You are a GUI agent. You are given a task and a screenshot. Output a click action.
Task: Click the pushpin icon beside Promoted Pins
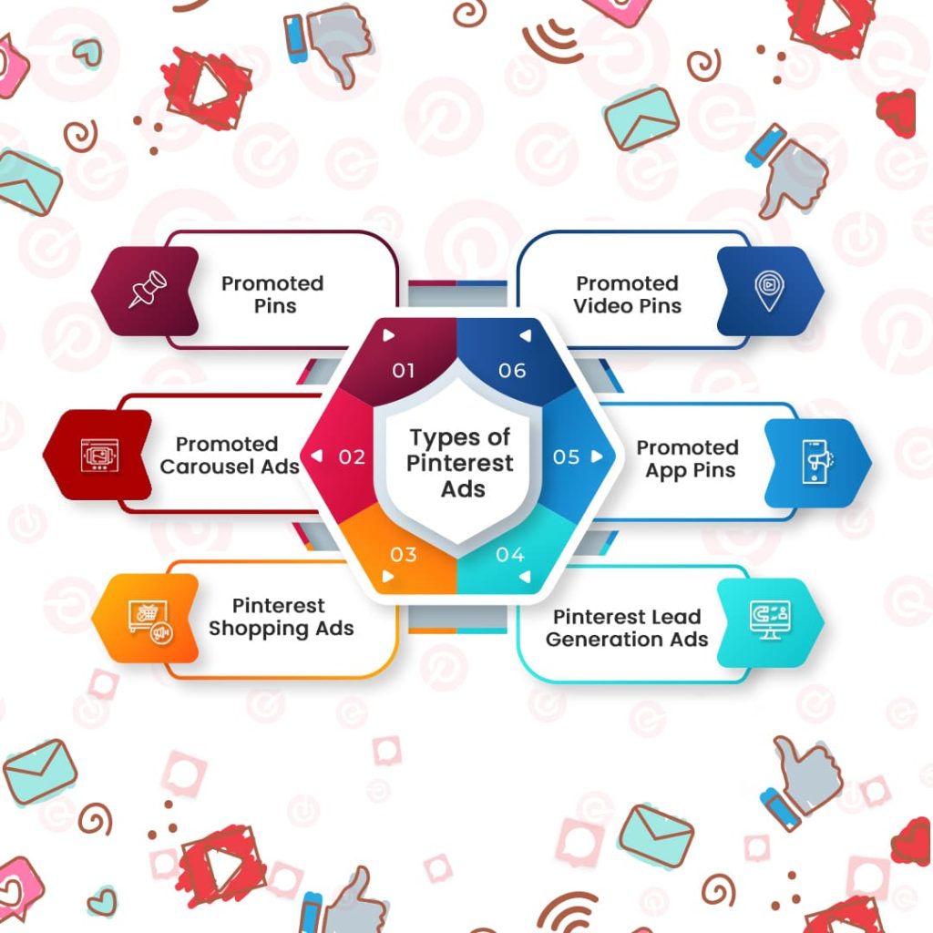click(x=148, y=289)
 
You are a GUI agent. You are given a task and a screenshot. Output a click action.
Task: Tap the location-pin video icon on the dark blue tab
click(x=769, y=291)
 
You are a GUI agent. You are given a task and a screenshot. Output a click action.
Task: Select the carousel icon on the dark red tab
click(x=99, y=456)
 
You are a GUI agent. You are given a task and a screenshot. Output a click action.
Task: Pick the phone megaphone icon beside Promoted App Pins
click(x=817, y=462)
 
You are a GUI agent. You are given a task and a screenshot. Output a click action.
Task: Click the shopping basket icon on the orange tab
click(x=150, y=622)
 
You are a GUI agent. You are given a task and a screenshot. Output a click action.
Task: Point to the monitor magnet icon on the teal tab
click(x=770, y=620)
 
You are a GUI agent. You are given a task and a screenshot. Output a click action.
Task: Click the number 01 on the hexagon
click(x=403, y=371)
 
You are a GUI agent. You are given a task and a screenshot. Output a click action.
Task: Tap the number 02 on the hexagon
click(x=352, y=457)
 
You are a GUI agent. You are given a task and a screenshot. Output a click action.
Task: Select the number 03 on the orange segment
click(x=403, y=555)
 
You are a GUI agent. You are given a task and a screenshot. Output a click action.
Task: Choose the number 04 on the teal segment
click(x=510, y=555)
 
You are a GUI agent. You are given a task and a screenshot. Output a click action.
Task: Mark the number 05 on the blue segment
click(x=566, y=457)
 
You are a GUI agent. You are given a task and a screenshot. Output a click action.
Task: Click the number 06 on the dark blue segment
click(x=512, y=371)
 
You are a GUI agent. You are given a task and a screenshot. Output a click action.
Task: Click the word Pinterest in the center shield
click(x=459, y=463)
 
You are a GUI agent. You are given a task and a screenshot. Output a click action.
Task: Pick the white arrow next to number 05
click(x=596, y=456)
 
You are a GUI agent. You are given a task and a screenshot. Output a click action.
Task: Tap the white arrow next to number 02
click(x=316, y=456)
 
